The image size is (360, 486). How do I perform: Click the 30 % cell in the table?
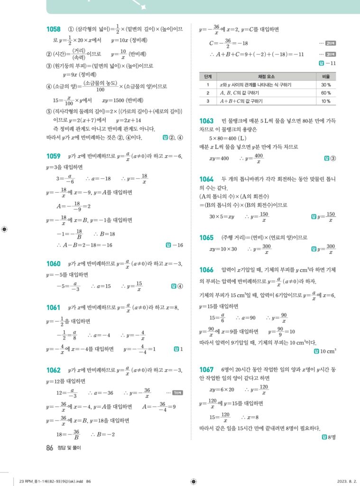pyautogui.click(x=326, y=84)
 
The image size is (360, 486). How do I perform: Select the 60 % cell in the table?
pyautogui.click(x=326, y=93)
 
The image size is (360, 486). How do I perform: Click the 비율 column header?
pyautogui.click(x=326, y=76)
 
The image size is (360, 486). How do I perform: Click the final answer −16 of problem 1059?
pyautogui.click(x=177, y=245)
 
